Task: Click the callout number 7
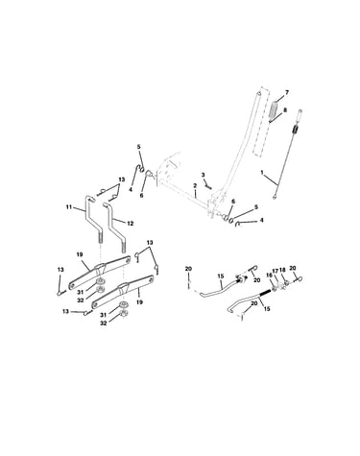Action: [x=287, y=92]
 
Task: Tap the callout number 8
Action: [x=285, y=109]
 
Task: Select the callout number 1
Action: [x=262, y=172]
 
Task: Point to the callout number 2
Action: [x=195, y=185]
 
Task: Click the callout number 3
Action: [x=203, y=175]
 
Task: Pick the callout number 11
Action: [x=68, y=207]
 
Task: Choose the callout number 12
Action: [x=130, y=224]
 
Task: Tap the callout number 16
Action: [x=268, y=275]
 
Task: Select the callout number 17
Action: [x=276, y=271]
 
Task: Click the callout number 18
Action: [x=282, y=270]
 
